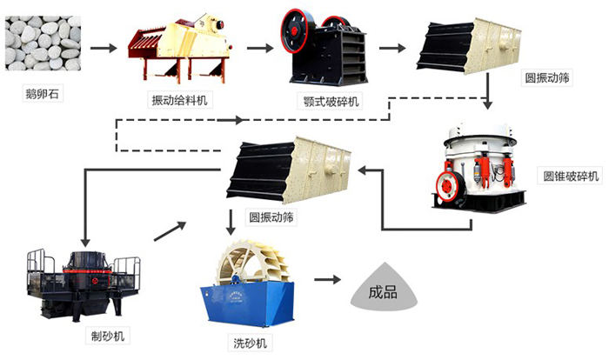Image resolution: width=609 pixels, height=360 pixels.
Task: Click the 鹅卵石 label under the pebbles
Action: (x=43, y=94)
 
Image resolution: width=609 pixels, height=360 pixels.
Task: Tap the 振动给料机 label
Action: (x=179, y=100)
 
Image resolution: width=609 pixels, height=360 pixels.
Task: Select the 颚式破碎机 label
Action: (x=331, y=102)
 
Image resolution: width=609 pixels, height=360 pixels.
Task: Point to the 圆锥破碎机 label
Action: (x=571, y=176)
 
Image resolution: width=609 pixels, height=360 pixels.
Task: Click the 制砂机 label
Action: (x=108, y=336)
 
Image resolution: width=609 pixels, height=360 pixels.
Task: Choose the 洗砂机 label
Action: (x=251, y=343)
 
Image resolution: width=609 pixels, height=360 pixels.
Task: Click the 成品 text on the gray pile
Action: (x=383, y=291)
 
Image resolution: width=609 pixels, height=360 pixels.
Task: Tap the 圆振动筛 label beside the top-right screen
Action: (x=547, y=77)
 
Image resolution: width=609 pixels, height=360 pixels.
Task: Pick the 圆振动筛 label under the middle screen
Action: (x=271, y=217)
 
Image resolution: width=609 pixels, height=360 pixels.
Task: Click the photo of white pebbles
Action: (x=43, y=43)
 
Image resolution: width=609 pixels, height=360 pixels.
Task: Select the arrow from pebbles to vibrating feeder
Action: (x=104, y=48)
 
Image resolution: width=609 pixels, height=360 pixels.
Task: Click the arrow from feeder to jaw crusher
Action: (x=260, y=48)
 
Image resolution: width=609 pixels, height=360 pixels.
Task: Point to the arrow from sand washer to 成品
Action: (x=327, y=279)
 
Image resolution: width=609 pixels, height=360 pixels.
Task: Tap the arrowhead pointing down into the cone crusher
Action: (x=488, y=104)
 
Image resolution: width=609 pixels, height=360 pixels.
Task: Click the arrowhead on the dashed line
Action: (x=238, y=120)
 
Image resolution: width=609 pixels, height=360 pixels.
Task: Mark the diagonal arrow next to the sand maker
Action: (x=171, y=231)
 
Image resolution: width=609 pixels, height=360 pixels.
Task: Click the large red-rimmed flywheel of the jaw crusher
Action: (x=298, y=31)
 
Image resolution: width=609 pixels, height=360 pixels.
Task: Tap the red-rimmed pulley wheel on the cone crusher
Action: (x=452, y=186)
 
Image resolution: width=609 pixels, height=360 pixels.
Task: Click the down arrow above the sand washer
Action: (x=231, y=222)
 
